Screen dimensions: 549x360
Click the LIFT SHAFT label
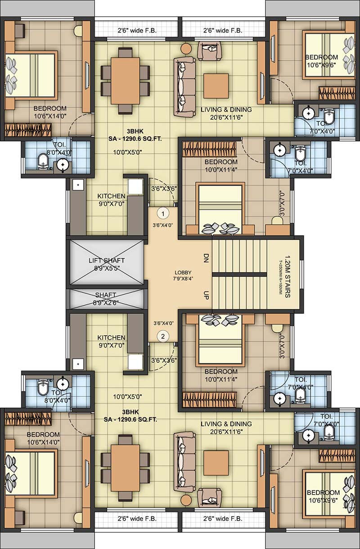pos(107,261)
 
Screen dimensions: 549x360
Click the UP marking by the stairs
pos(206,295)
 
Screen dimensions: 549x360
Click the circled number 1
pos(162,212)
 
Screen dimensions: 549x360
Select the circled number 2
pos(162,335)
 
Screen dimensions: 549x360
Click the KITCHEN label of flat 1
pos(111,196)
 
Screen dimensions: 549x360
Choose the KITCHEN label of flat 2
pos(111,337)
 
